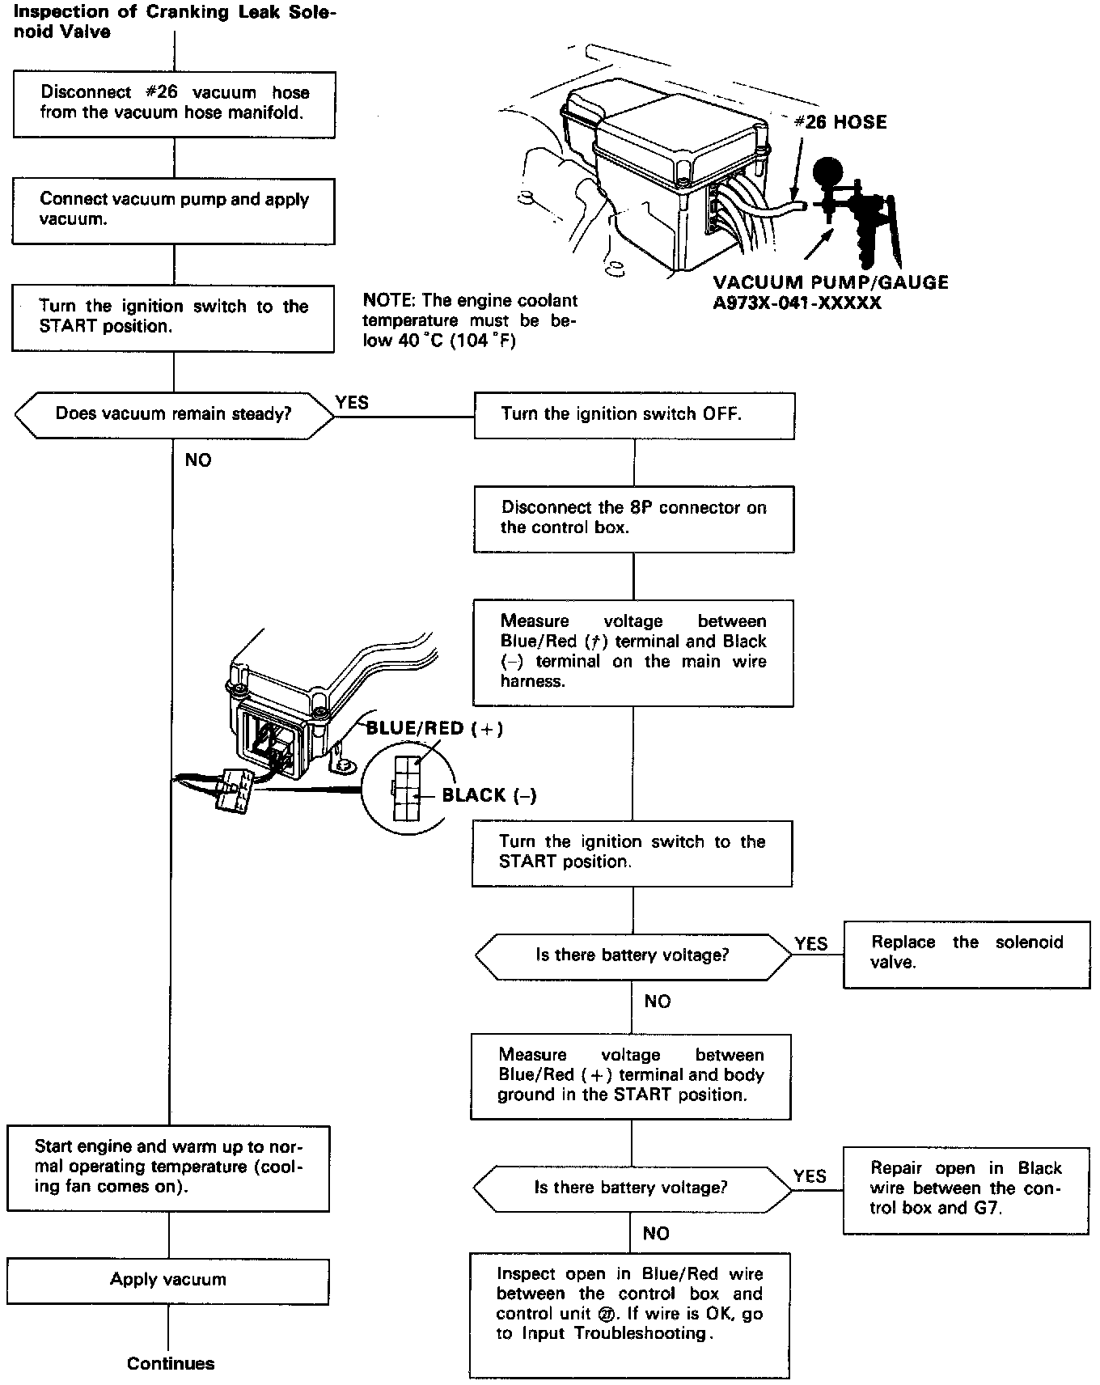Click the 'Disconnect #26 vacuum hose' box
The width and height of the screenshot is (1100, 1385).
coord(174,104)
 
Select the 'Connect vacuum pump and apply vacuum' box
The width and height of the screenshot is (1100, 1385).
coord(174,210)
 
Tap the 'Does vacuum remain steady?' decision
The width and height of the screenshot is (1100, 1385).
coord(174,414)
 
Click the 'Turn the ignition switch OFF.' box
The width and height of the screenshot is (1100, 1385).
coord(634,415)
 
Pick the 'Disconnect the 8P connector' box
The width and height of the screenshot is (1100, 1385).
coord(634,518)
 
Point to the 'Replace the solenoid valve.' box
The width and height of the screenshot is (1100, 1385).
coord(967,953)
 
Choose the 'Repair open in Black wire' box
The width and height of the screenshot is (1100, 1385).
coord(967,1188)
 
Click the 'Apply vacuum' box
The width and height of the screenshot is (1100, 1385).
coord(168,1280)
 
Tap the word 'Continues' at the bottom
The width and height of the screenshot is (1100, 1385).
coord(171,1364)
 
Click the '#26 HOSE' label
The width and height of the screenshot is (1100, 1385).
coord(840,122)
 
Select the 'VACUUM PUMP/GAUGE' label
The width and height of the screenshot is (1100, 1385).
coord(831,283)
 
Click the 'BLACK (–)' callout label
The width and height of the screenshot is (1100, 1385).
coord(489,796)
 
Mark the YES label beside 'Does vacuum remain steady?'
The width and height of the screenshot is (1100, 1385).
coord(352,403)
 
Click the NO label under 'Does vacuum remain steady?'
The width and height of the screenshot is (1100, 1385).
coord(198,460)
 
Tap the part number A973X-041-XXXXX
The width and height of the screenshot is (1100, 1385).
coord(797,303)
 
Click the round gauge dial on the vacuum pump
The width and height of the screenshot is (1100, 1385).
coord(827,170)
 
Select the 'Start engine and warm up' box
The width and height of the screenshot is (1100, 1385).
coord(168,1167)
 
